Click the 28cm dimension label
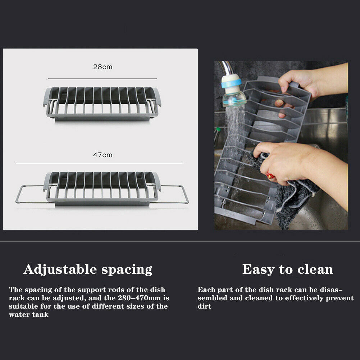coord(102,67)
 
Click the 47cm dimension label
coord(102,155)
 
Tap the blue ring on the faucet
coord(231,83)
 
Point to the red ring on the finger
coord(270,176)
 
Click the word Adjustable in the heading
coord(60,269)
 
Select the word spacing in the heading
coord(127,270)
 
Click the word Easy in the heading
coord(259,269)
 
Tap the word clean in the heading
coord(315,269)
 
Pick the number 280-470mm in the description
coord(140,298)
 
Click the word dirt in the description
coord(204,306)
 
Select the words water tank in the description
coord(29,315)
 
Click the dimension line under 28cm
coord(102,78)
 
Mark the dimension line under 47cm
coord(100,163)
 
